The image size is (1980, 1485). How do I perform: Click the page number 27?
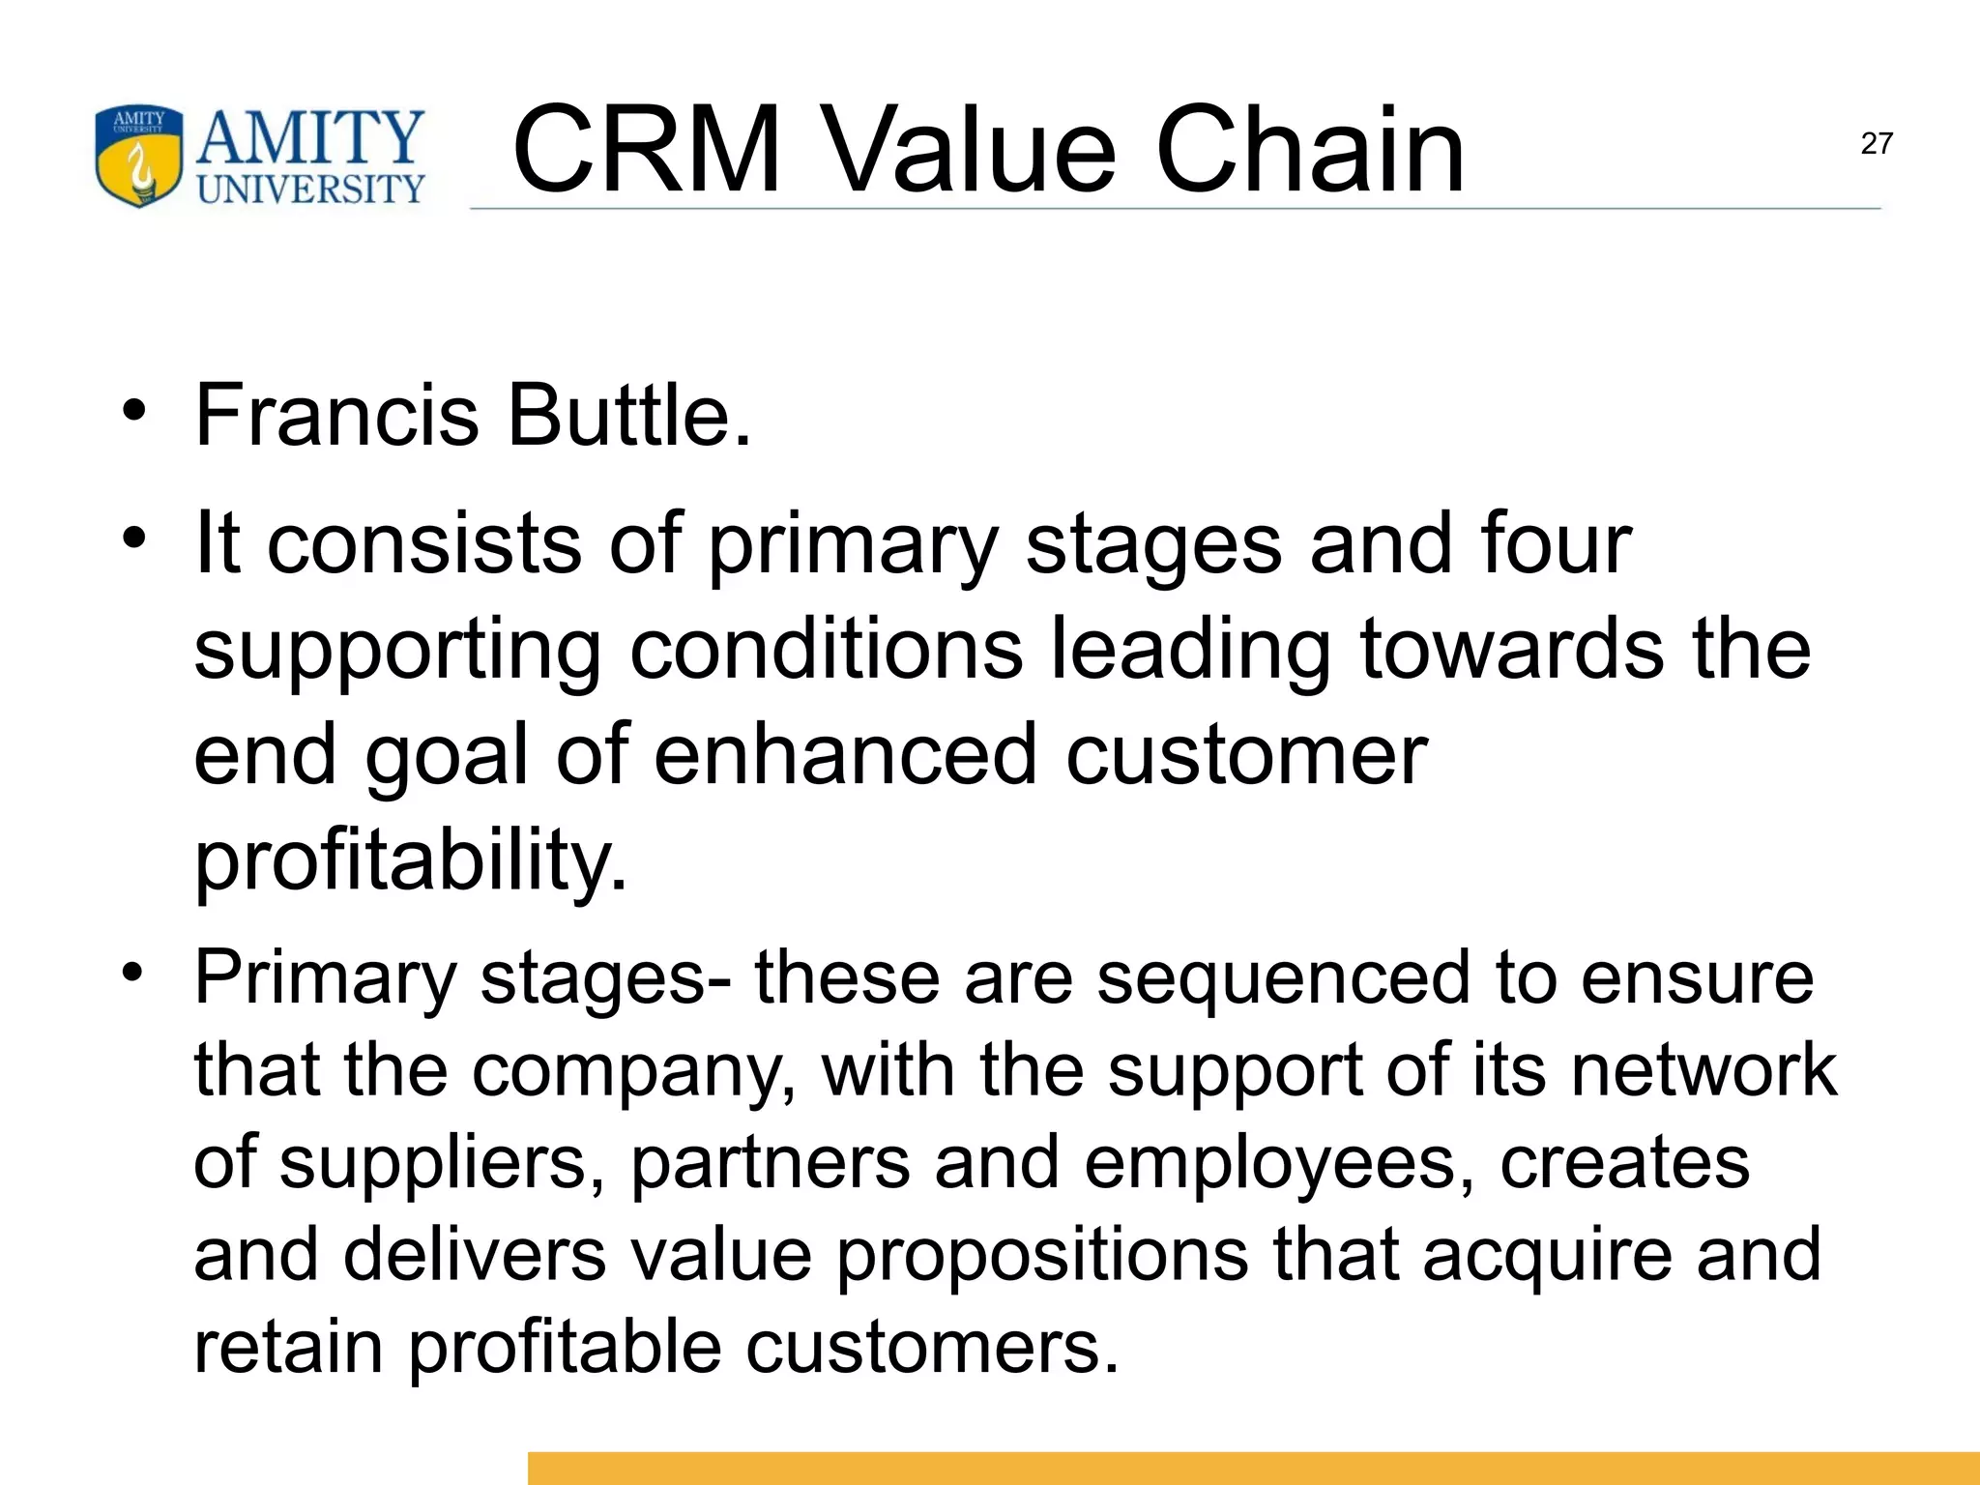point(1876,144)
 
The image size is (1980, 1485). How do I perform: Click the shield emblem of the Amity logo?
point(139,157)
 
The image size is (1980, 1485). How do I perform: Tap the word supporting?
point(398,652)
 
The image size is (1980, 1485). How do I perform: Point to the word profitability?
point(411,860)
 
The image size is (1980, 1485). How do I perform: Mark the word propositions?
point(1041,1256)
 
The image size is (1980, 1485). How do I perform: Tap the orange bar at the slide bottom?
point(1253,1468)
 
